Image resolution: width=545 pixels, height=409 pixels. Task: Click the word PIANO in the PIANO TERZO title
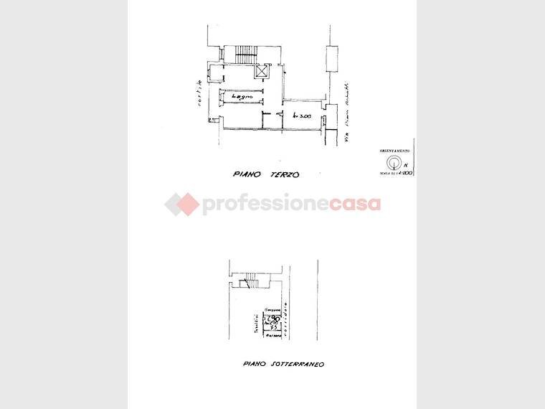pos(250,174)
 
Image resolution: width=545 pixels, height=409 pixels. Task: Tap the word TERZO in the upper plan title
pos(284,174)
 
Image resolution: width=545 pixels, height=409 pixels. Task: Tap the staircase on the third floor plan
pos(248,53)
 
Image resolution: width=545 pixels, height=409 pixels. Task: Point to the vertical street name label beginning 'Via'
pos(346,115)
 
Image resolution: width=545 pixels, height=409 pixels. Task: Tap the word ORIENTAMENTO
pos(394,151)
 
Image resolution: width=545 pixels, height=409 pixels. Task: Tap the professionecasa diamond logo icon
pos(181,204)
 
